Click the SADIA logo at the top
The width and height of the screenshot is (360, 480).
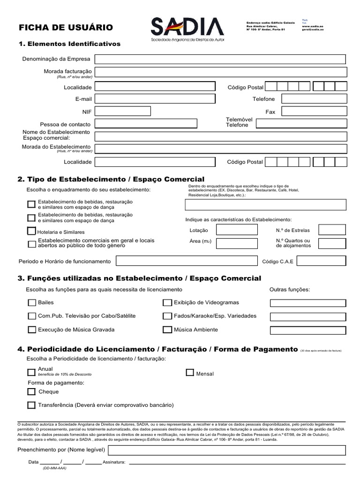[187, 29]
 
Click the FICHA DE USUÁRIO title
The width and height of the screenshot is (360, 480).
[66, 28]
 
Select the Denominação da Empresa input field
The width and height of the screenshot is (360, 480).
[220, 59]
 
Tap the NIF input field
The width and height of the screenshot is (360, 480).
[122, 112]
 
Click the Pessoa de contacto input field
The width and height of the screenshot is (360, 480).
[145, 124]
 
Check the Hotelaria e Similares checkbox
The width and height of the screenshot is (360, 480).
[31, 231]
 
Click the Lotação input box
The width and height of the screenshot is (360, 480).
[236, 230]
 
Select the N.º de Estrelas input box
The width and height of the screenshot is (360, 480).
[332, 230]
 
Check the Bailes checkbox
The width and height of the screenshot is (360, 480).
[32, 303]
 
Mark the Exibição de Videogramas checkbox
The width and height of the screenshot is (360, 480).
[167, 303]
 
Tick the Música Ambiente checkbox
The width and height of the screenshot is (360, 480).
[167, 330]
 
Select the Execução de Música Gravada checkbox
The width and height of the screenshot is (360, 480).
[32, 330]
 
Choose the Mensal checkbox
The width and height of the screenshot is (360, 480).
[190, 373]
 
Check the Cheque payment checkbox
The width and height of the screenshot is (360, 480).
[31, 392]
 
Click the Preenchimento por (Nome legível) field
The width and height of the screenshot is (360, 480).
[227, 450]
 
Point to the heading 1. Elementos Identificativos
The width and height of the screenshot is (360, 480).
[69, 44]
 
